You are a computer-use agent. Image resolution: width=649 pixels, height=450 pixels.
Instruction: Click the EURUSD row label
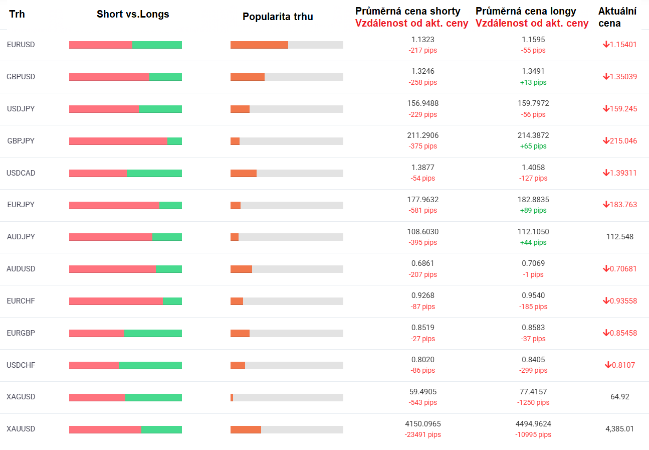[x=21, y=45]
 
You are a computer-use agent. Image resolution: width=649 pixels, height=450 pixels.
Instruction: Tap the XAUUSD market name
[x=21, y=429]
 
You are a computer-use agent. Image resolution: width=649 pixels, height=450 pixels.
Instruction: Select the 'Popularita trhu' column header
[x=278, y=17]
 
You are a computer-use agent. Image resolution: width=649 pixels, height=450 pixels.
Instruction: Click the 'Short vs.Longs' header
[x=133, y=14]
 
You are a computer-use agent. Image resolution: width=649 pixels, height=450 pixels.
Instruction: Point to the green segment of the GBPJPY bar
[x=174, y=141]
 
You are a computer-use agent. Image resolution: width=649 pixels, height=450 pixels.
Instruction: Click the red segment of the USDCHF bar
[x=94, y=365]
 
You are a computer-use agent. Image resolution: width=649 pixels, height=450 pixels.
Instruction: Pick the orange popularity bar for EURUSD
[x=259, y=45]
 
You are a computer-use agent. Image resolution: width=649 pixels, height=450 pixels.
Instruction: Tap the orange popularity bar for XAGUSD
[x=232, y=397]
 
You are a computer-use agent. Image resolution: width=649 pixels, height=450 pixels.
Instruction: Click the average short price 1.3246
[x=422, y=71]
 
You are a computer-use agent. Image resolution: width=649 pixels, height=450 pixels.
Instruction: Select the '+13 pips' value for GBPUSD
[x=533, y=82]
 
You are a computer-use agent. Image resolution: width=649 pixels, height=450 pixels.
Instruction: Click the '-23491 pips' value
[x=422, y=434]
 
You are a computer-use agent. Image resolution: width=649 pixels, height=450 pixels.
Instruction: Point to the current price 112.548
[x=620, y=237]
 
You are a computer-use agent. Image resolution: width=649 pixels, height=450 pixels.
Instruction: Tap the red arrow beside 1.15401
[x=606, y=44]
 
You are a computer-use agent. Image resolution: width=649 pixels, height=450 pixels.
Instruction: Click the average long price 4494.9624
[x=533, y=423]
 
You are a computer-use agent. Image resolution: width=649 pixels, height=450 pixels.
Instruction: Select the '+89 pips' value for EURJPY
[x=533, y=210]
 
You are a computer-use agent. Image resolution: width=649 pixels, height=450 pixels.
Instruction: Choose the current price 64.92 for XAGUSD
[x=620, y=397]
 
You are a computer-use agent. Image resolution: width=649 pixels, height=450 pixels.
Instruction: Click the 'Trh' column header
[x=17, y=14]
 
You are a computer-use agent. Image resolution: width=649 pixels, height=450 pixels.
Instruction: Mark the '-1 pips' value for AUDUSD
[x=533, y=274]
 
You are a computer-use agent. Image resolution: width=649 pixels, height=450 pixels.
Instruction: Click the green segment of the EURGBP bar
[x=153, y=334]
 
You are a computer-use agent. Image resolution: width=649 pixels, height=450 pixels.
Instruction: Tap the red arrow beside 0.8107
[x=608, y=365]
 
